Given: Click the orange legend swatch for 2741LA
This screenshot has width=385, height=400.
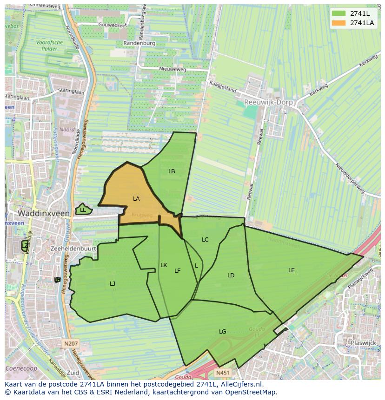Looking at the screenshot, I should [x=339, y=23].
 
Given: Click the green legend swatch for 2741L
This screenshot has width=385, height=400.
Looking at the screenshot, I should [x=339, y=13].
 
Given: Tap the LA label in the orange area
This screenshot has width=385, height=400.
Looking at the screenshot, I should [x=136, y=199].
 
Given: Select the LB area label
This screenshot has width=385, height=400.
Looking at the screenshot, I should [x=172, y=171].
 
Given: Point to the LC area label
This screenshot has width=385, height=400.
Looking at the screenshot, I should [x=205, y=240].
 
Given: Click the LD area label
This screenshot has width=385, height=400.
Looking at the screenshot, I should [x=231, y=275].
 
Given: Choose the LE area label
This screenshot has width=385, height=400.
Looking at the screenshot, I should [x=291, y=270].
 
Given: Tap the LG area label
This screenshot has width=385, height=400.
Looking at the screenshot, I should [x=223, y=331].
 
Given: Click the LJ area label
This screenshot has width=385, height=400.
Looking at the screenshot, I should [x=113, y=283].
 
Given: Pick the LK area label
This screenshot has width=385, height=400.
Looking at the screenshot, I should [x=164, y=265].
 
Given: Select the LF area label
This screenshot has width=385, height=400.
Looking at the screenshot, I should [x=177, y=271].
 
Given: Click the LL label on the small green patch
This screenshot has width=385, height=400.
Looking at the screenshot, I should [x=83, y=210].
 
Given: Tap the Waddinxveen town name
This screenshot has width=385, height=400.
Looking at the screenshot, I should [x=44, y=213].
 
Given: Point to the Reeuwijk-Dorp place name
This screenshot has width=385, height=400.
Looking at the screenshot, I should [x=268, y=102].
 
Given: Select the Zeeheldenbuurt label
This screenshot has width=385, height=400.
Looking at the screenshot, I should [x=73, y=249].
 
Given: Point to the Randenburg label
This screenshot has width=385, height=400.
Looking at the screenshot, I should [x=139, y=43].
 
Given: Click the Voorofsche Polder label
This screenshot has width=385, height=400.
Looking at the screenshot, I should [x=49, y=45].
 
